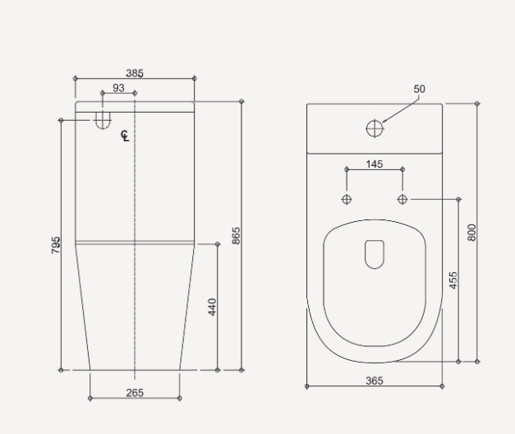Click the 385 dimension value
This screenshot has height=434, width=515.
pos(135,73)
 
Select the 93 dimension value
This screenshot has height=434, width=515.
pos(118,88)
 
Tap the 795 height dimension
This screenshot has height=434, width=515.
pos(56,244)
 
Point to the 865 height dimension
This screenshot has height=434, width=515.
pos(236,237)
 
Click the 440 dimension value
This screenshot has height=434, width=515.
pos(212,307)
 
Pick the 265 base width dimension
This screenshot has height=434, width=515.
pos(135,393)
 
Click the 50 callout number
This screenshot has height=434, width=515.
pos(420,89)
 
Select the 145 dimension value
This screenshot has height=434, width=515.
pos(374,164)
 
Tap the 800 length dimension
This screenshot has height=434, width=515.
pos(471,233)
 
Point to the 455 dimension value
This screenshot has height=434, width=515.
pos(453,279)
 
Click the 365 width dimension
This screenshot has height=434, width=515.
pos(374,381)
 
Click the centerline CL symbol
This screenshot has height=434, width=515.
pos(125,136)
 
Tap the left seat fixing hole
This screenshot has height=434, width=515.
pos(346,200)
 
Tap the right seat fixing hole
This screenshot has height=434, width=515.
pos(402,199)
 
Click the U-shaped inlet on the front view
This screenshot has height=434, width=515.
pos(102,120)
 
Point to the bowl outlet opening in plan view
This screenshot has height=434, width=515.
pos(375,254)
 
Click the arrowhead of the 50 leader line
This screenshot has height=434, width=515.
pos(384,122)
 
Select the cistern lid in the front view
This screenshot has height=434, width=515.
pos(135,107)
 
